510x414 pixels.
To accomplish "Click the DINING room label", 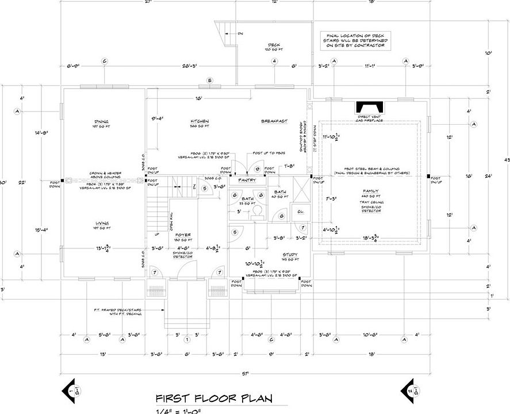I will (x=105, y=121).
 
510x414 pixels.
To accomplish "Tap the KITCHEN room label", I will (x=200, y=121).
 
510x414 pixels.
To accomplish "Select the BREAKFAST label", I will (x=274, y=121).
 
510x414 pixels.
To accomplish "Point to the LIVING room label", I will (x=104, y=223).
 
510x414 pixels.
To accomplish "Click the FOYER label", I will (x=182, y=235).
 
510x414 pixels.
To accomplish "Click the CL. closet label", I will (x=300, y=210).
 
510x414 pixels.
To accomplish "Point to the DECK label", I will (x=274, y=45).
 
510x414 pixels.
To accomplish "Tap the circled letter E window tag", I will (x=210, y=79).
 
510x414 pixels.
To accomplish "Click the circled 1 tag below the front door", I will (x=186, y=340).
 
